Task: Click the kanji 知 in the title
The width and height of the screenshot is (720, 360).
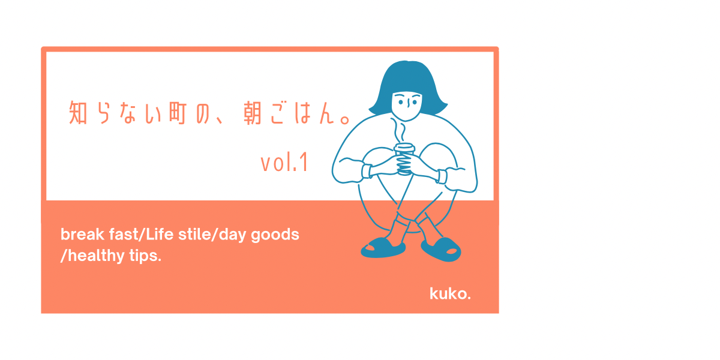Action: point(78,113)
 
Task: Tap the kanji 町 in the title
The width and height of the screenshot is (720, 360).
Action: point(178,113)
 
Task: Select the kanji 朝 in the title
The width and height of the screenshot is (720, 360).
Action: point(253,113)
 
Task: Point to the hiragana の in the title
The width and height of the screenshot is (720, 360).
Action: point(203,113)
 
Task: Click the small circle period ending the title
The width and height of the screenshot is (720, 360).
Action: point(345,119)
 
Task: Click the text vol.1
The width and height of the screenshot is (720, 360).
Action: point(284,163)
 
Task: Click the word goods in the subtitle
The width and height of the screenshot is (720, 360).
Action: point(275,235)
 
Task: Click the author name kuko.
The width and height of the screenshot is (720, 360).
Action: point(450,293)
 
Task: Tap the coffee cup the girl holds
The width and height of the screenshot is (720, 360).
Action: point(404,159)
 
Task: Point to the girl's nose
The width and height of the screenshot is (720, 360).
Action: point(408,103)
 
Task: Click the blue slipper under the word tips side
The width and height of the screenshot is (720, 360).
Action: point(383,248)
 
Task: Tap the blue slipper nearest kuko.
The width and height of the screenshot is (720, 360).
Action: point(441,249)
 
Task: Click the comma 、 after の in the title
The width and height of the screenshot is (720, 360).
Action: point(220,120)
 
